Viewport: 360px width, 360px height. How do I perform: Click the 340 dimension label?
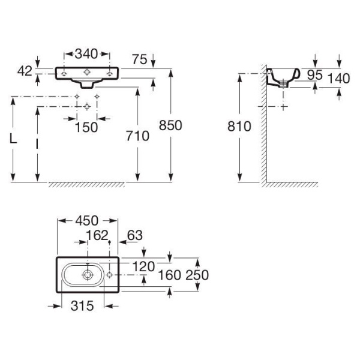[86, 54]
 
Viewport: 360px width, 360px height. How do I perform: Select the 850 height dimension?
[170, 125]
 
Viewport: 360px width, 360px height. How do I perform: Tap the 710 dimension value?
[137, 136]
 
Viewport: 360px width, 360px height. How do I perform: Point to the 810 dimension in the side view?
[239, 126]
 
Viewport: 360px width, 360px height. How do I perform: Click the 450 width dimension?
[87, 221]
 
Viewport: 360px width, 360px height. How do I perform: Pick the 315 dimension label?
[82, 306]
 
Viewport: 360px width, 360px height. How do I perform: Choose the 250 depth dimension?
[197, 275]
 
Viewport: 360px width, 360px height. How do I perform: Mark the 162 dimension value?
[97, 235]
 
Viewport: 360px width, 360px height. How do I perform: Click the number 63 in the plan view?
[135, 235]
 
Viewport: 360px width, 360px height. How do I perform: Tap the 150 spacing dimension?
[86, 127]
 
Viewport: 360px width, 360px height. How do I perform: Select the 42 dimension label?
[25, 71]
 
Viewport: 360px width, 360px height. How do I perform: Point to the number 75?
[140, 59]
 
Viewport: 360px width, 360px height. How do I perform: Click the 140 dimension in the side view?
[338, 78]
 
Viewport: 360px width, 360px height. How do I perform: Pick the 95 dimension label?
[315, 75]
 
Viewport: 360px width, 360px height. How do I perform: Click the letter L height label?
[13, 139]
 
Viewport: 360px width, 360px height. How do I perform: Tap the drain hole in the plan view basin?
[88, 275]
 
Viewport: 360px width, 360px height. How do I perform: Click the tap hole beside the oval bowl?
[109, 275]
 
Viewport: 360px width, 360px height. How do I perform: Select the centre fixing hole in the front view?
[87, 72]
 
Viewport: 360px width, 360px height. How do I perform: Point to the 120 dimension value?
[143, 266]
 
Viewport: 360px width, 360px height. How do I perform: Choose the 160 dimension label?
[169, 275]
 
